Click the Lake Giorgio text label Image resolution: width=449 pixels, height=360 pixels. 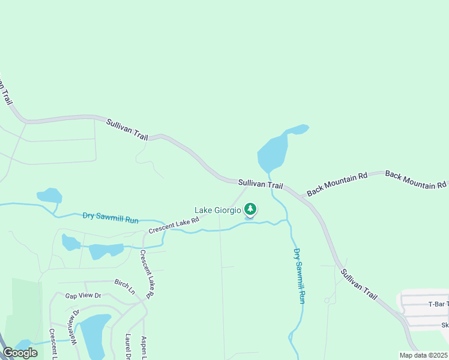tap(217, 210)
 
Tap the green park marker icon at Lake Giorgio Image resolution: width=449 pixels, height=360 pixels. tap(250, 209)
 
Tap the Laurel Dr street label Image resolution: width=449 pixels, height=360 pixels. tap(128, 347)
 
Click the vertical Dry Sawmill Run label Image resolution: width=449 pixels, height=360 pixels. tap(299, 275)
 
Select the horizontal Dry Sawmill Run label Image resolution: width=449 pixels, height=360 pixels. tap(111, 217)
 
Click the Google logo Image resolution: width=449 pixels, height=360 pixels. tap(20, 353)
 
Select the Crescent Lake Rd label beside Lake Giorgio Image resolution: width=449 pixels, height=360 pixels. tap(174, 225)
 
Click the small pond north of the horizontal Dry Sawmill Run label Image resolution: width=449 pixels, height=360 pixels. tap(50, 196)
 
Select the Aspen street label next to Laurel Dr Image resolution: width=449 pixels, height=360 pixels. tap(144, 347)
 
